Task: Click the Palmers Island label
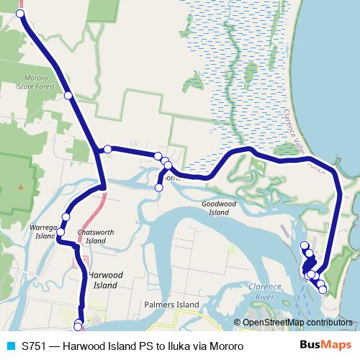coord(173,305)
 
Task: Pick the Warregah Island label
coord(42,231)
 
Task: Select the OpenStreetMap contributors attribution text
coord(297,323)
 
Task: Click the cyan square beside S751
coord(11,346)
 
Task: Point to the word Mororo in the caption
coord(223,346)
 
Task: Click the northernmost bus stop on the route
coord(20,14)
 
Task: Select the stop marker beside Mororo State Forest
coord(68,95)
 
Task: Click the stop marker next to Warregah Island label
coord(61,232)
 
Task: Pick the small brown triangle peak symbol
coord(21,189)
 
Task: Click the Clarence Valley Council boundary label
coord(303,141)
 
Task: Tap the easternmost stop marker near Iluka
coord(323,289)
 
